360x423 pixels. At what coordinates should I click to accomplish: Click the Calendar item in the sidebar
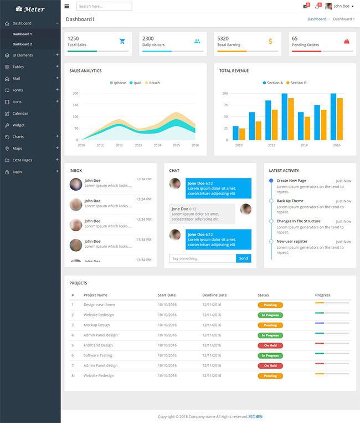20,114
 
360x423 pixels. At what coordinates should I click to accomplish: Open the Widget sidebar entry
18,125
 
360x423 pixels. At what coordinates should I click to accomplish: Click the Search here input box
104,6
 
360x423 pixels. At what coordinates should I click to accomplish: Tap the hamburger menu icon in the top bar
67,6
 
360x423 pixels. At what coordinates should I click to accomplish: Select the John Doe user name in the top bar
342,6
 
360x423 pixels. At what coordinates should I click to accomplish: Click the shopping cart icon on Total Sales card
122,41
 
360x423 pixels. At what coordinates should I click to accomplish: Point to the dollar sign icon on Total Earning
270,41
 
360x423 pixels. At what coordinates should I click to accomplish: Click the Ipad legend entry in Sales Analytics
135,83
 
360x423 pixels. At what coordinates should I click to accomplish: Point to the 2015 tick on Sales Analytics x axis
176,145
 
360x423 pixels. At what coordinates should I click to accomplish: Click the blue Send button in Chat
243,258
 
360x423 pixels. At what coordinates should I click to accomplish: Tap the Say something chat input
203,258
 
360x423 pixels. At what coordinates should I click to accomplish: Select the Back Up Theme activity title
290,201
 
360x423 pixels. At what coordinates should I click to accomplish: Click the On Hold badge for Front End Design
270,345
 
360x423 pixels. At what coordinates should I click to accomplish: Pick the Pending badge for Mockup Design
270,325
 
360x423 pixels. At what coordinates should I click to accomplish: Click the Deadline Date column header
214,295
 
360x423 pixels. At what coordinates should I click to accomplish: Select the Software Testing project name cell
97,355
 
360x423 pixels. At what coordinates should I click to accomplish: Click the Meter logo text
34,9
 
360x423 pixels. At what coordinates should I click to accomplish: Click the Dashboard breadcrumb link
317,19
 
